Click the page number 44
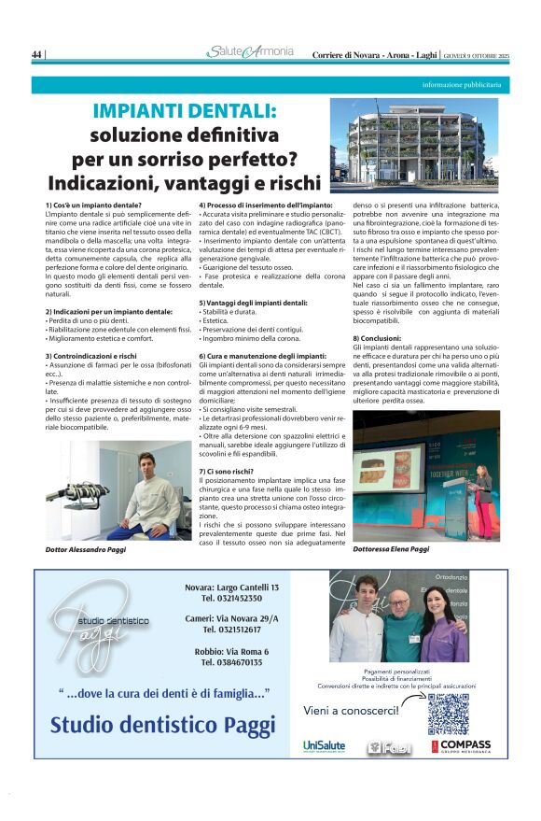37,55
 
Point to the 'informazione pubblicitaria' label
462,85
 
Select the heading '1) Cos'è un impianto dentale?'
93,205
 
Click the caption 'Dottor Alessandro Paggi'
86,550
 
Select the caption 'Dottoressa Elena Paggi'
392,549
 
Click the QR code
449,713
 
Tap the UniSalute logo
324,745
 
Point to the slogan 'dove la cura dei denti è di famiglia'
164,692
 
